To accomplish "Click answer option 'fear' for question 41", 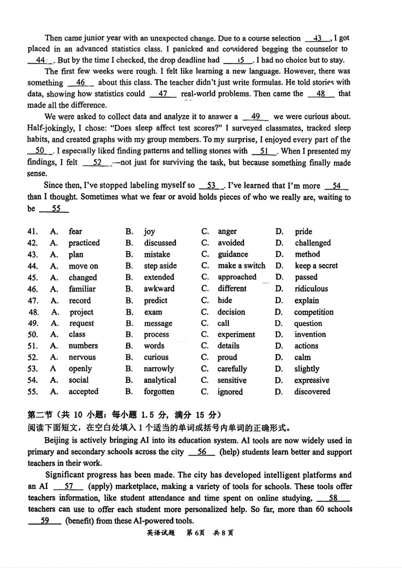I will (x=75, y=231).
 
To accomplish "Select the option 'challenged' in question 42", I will (x=312, y=243).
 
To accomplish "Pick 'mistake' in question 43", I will (x=157, y=254).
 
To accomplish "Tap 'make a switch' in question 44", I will (x=241, y=266).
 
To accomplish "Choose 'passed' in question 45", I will (x=306, y=277).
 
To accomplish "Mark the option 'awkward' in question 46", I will (x=159, y=289).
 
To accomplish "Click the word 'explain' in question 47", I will (x=307, y=301).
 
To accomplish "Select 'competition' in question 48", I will (x=313, y=312).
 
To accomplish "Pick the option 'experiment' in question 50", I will (x=236, y=334).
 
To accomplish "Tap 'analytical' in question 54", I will (x=160, y=380).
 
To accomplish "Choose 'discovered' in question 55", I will (x=312, y=392).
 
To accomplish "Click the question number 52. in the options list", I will (x=33, y=357).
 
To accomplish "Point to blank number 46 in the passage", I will (x=80, y=83).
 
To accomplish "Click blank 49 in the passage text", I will (x=255, y=116).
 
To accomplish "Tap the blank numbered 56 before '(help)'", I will (x=201, y=452).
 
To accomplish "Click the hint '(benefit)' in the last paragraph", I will (x=80, y=521).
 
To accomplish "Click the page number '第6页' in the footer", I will (x=195, y=533).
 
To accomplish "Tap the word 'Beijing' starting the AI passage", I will (x=57, y=440).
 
